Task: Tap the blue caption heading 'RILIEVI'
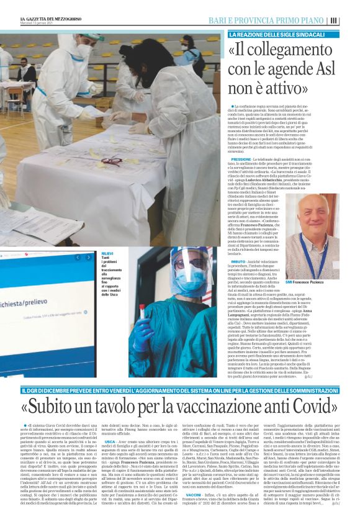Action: (107, 253)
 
